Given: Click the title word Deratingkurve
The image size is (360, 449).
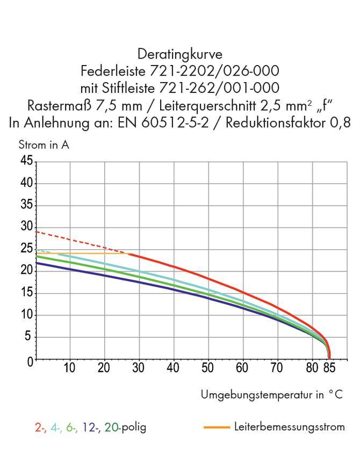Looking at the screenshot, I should [x=180, y=54].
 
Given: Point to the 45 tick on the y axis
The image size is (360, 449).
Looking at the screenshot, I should [x=26, y=162].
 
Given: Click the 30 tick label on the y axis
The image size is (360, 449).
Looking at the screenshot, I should [x=26, y=227].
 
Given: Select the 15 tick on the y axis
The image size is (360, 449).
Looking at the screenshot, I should [x=26, y=293].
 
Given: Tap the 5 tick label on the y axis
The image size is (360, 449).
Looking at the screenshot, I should [x=29, y=337].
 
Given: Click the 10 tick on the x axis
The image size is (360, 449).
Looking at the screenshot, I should [x=69, y=368].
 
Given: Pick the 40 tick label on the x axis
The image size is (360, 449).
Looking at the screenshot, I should [x=173, y=368].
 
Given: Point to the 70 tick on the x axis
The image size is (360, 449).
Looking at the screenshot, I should [x=277, y=368].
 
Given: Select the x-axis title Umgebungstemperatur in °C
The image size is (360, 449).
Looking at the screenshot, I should [x=271, y=395].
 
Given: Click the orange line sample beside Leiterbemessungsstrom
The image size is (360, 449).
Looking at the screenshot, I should [x=217, y=428].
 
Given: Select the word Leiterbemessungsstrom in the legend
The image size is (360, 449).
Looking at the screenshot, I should [x=289, y=427].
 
